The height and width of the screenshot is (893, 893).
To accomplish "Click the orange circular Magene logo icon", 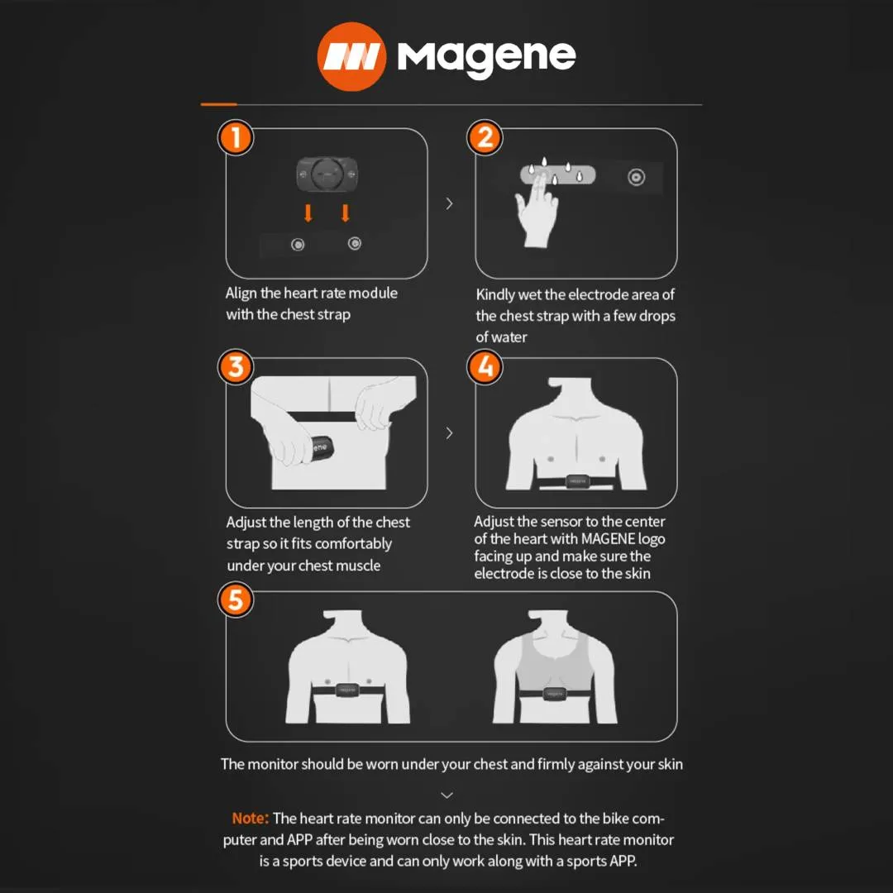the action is (x=351, y=56).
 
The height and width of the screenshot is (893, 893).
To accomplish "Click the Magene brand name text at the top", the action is (x=486, y=59).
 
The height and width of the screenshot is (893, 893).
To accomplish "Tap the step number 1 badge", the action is (x=235, y=137).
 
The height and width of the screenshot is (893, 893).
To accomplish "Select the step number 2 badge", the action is (x=485, y=137).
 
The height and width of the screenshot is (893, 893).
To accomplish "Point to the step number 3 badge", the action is (x=235, y=367).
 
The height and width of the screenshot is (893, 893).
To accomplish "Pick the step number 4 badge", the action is (x=485, y=367).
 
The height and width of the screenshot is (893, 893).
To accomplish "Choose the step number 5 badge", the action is (x=235, y=599).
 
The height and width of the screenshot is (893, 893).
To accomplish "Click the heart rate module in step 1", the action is (x=327, y=174).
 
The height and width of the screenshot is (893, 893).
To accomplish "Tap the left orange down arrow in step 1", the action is (x=308, y=213).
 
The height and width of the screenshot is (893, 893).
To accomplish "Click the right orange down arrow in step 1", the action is (x=345, y=213).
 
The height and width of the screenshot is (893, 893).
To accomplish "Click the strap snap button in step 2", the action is (x=636, y=177).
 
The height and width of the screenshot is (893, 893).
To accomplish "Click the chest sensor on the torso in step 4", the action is (x=577, y=481).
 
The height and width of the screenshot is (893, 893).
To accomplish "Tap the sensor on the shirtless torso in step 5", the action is (x=346, y=690).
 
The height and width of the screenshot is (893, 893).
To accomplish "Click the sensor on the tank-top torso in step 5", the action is (x=554, y=694).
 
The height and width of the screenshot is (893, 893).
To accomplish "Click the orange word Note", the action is (x=250, y=819).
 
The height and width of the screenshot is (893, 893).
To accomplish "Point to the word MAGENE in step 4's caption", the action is (x=608, y=539).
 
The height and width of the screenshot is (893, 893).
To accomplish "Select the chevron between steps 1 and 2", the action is (x=449, y=203).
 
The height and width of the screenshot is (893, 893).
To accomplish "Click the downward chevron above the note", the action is (x=447, y=795).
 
